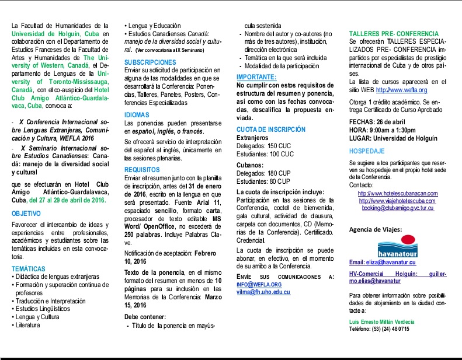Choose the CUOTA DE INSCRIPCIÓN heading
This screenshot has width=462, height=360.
(271, 129)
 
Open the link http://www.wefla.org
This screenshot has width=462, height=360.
(401, 90)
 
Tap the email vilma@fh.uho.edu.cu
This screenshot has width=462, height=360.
(263, 292)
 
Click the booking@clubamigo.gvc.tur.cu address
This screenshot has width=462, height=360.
(397, 208)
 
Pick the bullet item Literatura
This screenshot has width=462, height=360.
(32, 325)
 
